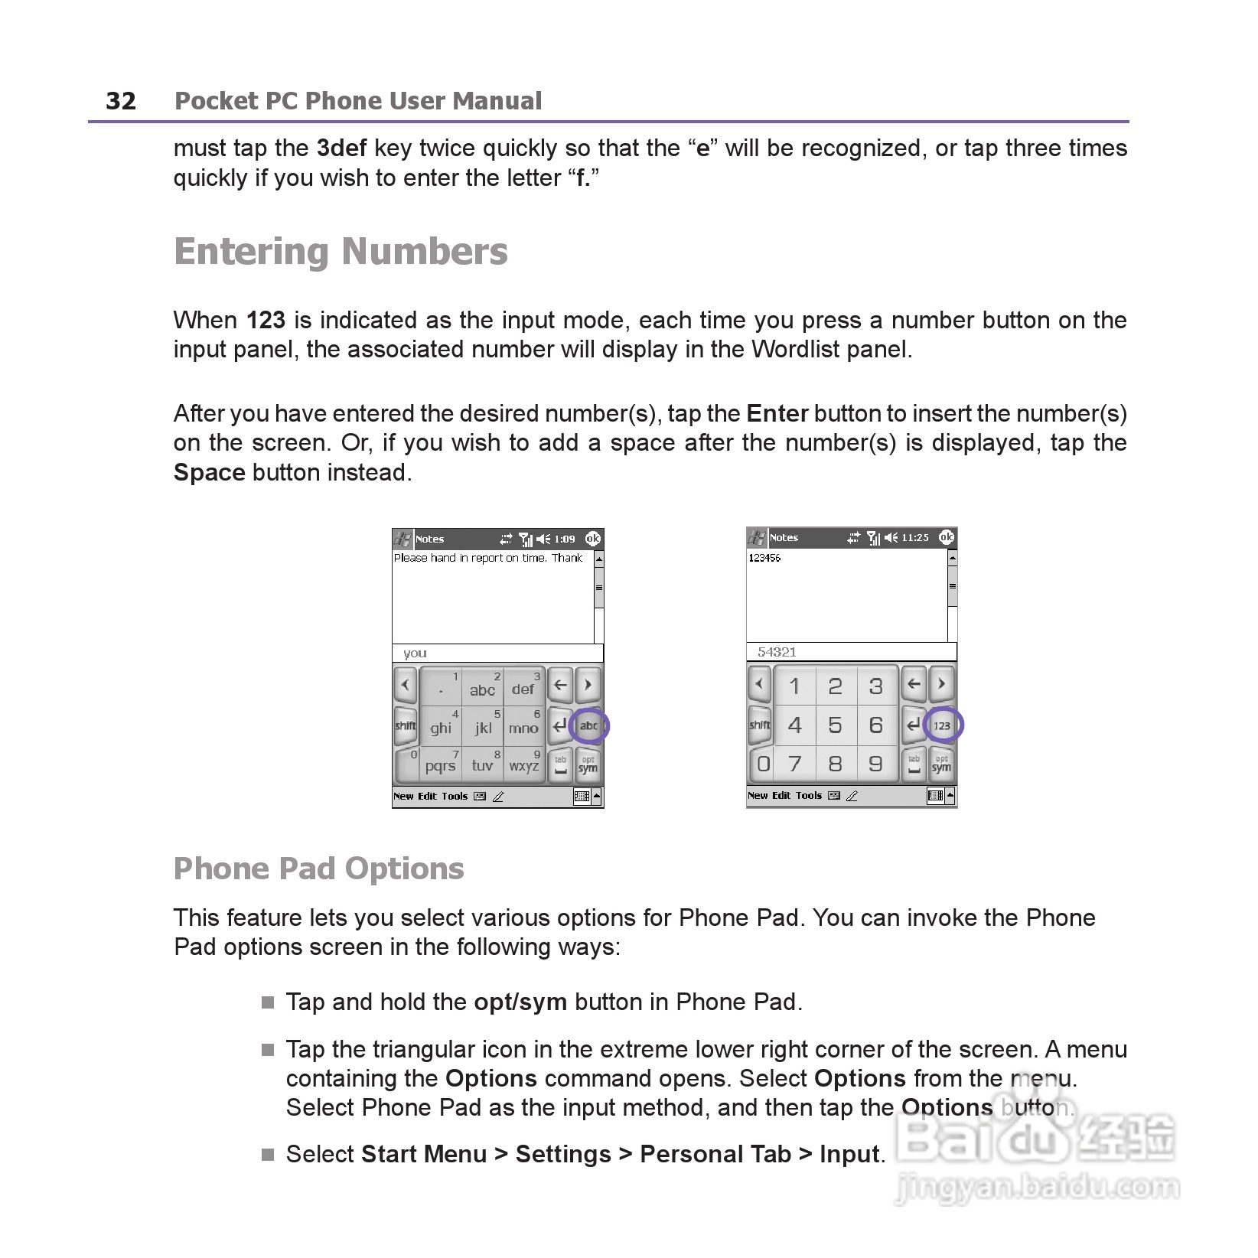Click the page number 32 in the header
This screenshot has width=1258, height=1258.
click(121, 101)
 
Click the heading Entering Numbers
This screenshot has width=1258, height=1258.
click(341, 252)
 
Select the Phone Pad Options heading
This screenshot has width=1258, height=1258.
click(318, 869)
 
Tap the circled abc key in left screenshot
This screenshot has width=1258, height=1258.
click(588, 725)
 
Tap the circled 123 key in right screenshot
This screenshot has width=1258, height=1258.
click(942, 725)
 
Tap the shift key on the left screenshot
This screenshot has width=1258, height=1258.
click(406, 725)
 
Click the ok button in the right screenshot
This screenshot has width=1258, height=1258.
click(947, 537)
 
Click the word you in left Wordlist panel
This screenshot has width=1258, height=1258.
click(415, 653)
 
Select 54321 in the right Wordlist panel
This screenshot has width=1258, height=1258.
click(777, 652)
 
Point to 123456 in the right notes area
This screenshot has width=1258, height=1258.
click(764, 558)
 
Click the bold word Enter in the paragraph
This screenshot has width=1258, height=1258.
click(777, 414)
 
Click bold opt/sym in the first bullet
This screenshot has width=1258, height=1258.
click(520, 1002)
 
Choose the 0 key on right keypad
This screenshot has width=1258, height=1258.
click(763, 764)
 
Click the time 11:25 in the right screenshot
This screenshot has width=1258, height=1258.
click(914, 538)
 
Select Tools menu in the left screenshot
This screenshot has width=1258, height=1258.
click(454, 797)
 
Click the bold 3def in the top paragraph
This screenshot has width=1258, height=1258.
click(341, 148)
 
